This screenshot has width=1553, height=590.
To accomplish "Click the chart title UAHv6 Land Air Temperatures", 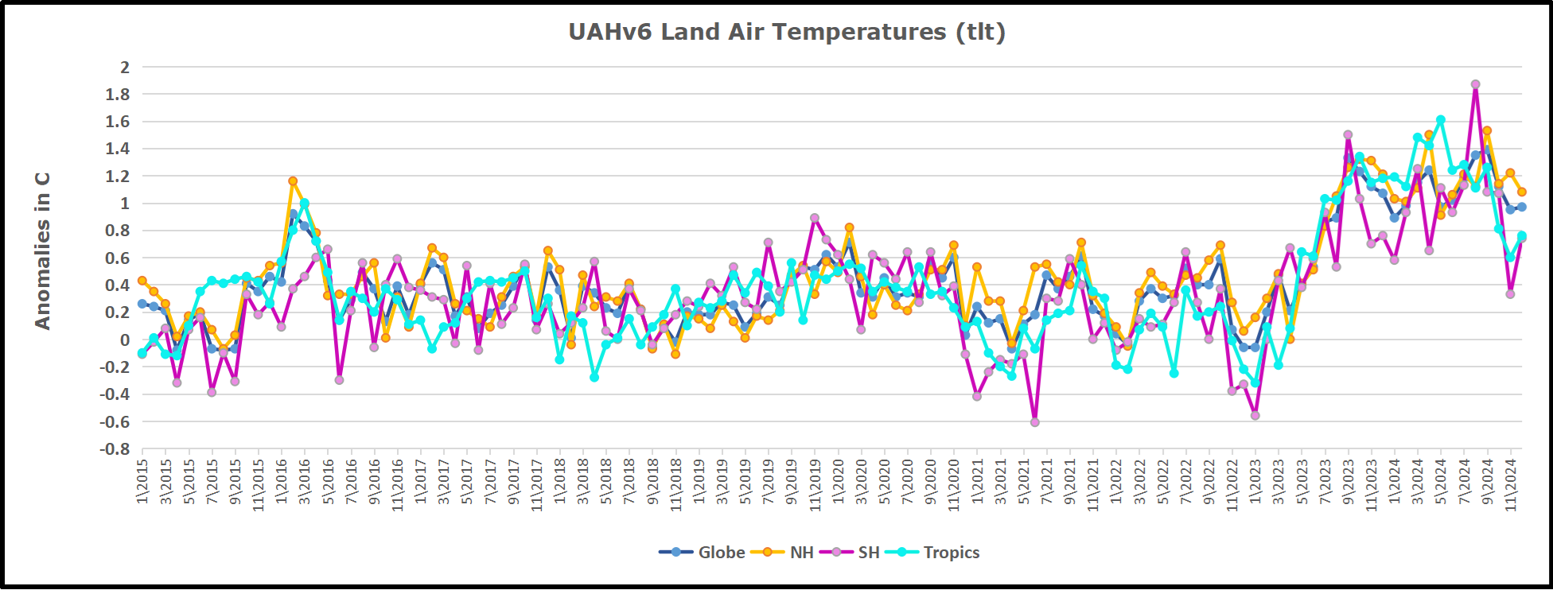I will [x=786, y=32].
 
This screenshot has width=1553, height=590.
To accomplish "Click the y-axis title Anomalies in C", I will [x=43, y=250].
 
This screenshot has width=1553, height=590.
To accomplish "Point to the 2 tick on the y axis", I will [x=124, y=68].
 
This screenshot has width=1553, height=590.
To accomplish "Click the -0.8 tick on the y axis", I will [x=115, y=449].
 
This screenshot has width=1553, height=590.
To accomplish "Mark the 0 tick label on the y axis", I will [x=124, y=340].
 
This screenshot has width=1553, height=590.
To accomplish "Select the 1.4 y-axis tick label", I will [x=118, y=149].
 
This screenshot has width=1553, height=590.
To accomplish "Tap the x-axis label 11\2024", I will [x=1510, y=483].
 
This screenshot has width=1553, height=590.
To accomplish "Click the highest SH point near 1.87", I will [x=1475, y=84].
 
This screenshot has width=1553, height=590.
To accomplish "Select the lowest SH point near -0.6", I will [x=1035, y=422].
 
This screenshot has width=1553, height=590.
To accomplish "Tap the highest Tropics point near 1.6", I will [x=1440, y=120].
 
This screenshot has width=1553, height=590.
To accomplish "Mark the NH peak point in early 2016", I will [x=293, y=181].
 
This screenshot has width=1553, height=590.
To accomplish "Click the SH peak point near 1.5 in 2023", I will [x=1348, y=135].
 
